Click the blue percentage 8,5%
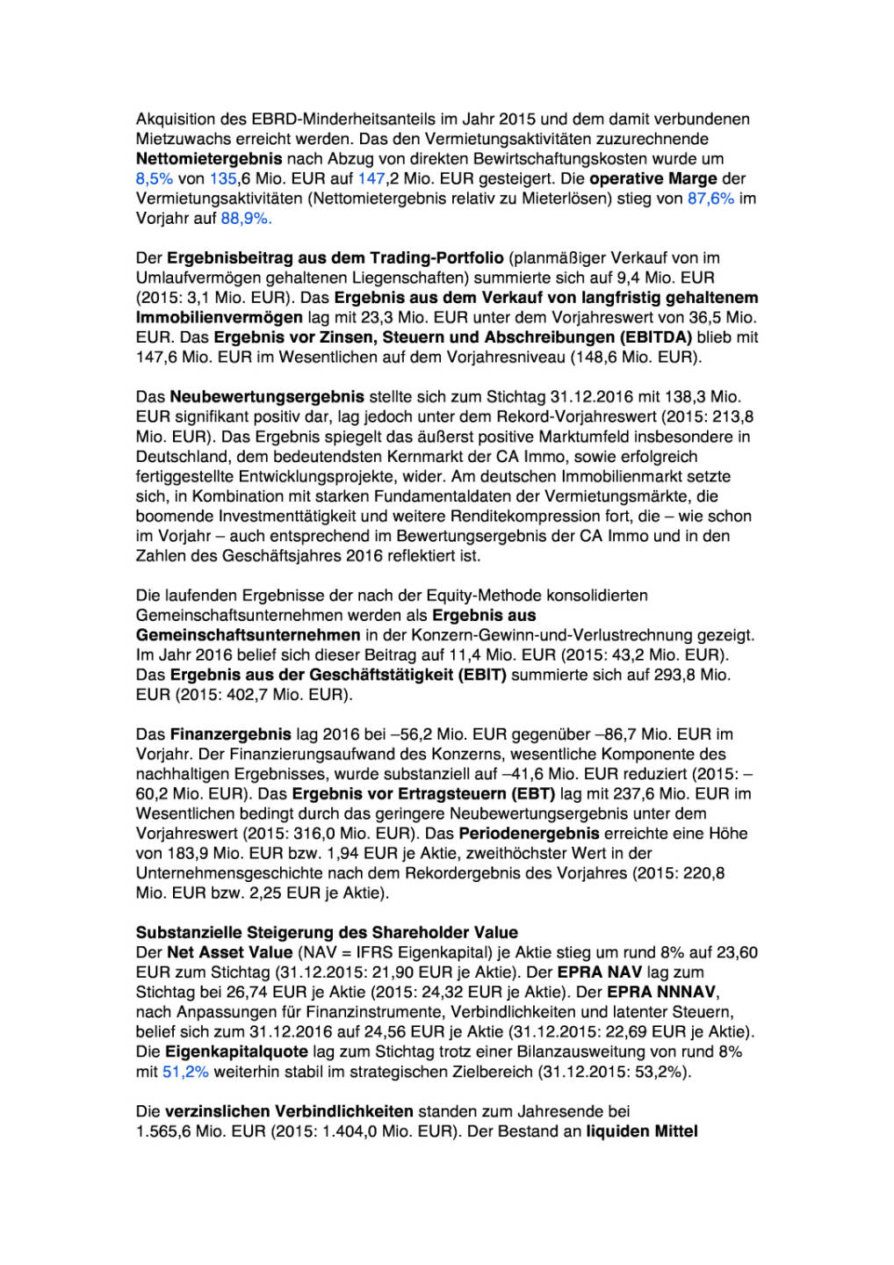[154, 178]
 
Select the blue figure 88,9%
[246, 218]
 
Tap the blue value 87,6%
[710, 199]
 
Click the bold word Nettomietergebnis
[209, 159]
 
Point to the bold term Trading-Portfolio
[436, 258]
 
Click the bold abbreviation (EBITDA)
[656, 337]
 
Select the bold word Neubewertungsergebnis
[267, 397]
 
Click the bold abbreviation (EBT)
[534, 794]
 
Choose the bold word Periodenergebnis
[529, 834]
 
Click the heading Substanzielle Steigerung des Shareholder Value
[327, 933]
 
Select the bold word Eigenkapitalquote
[236, 1052]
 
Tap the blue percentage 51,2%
[185, 1072]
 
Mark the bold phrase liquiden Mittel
[642, 1131]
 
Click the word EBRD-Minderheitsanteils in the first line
[338, 119]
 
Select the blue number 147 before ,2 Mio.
[371, 178]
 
